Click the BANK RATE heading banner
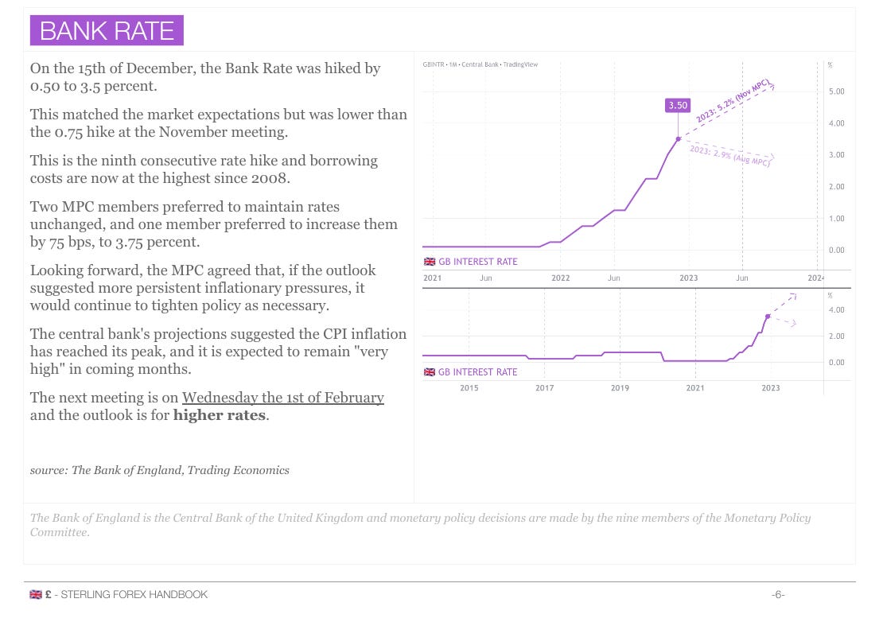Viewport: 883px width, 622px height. tap(107, 30)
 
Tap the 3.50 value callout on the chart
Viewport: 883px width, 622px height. tap(678, 105)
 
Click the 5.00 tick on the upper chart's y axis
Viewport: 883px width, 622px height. tap(836, 92)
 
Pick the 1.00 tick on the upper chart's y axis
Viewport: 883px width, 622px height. tap(836, 219)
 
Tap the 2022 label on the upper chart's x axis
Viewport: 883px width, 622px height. tap(561, 278)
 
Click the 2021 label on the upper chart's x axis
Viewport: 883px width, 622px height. tap(432, 278)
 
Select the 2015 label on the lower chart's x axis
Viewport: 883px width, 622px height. tap(469, 388)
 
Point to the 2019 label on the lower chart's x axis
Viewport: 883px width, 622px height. tap(620, 388)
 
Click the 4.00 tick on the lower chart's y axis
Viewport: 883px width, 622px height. tap(836, 310)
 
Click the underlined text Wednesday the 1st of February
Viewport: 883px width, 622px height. tap(282, 397)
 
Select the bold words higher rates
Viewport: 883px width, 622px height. tap(220, 415)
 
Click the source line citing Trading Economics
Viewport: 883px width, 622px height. tap(159, 470)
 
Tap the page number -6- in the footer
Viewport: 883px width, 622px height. tap(778, 594)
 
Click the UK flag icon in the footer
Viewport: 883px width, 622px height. tap(35, 594)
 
